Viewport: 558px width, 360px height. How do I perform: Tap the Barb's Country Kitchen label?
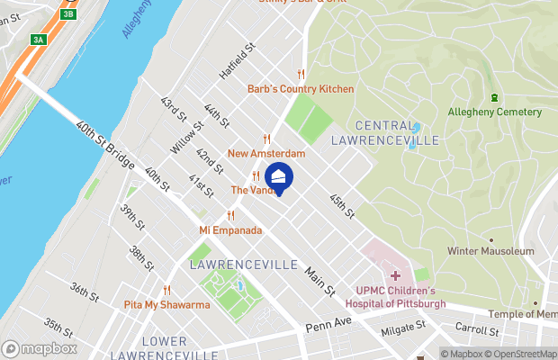click(301, 88)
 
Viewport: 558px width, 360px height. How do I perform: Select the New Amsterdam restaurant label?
click(266, 154)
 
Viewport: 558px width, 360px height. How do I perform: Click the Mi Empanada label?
click(230, 230)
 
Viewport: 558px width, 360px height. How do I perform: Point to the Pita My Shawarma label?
click(166, 305)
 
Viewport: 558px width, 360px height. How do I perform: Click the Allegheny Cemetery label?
click(495, 112)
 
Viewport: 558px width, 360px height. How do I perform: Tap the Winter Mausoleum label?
click(490, 251)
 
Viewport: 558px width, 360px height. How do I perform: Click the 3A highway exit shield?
click(38, 40)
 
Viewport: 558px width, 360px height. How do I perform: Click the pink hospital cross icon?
click(395, 274)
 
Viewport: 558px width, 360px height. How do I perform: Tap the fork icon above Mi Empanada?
click(230, 215)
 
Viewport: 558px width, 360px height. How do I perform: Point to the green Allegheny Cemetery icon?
click(494, 97)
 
